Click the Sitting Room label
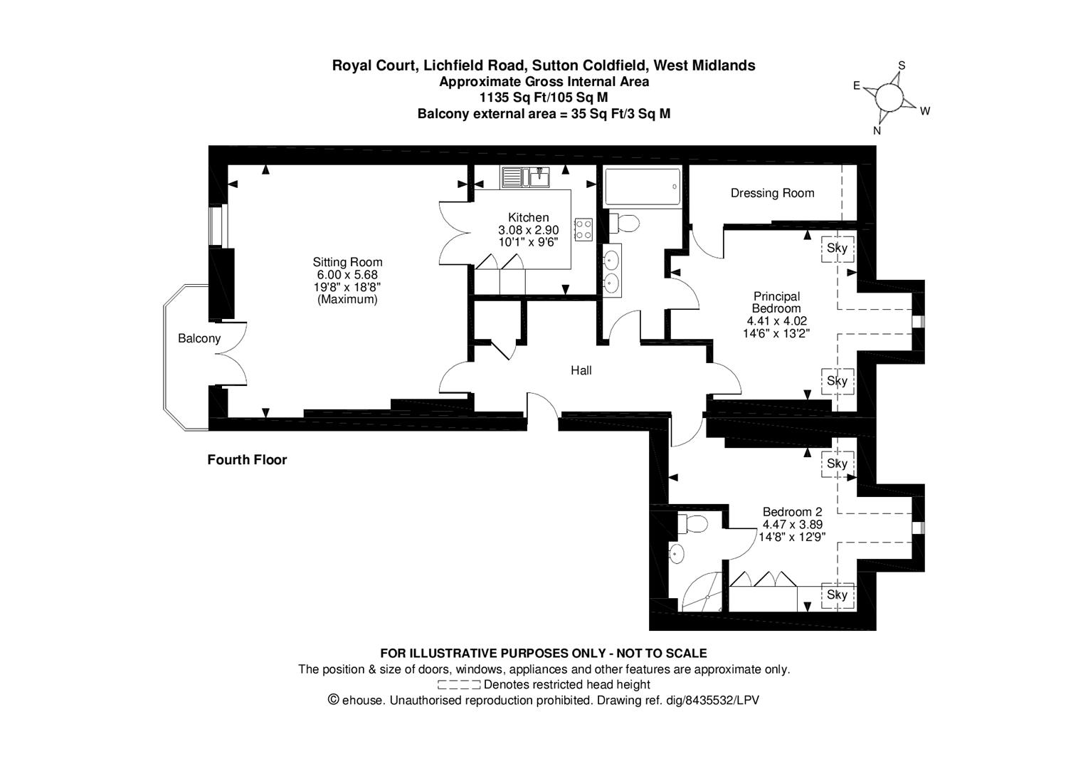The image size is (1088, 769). click(x=347, y=262)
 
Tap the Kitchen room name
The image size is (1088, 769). click(x=528, y=218)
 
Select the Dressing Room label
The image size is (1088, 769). click(x=772, y=193)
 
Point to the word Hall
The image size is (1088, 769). click(x=581, y=370)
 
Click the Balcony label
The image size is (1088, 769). click(x=199, y=339)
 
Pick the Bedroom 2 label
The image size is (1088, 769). click(x=792, y=512)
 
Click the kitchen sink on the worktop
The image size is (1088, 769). click(x=525, y=176)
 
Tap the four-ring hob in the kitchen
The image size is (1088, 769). click(x=583, y=229)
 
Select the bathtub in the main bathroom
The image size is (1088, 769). click(x=642, y=187)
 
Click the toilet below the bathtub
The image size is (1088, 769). click(x=624, y=224)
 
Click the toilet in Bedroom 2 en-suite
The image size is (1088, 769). click(x=692, y=525)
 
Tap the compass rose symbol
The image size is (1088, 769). click(x=889, y=97)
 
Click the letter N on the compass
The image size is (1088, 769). click(x=877, y=130)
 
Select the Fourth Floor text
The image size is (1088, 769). click(x=247, y=460)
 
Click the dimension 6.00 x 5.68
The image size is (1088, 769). click(x=347, y=275)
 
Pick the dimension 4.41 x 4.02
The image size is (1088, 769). click(x=776, y=321)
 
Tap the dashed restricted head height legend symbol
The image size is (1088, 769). click(x=459, y=685)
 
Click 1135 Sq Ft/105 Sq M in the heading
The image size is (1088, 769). click(x=544, y=98)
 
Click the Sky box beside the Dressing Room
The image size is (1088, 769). click(x=837, y=249)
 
